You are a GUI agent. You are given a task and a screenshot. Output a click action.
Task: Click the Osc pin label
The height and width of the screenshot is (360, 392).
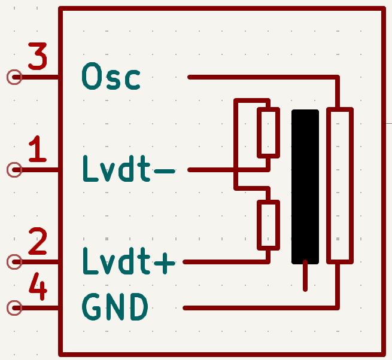point(111,77)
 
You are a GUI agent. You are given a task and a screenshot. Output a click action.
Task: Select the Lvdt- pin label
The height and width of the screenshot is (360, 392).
point(128,170)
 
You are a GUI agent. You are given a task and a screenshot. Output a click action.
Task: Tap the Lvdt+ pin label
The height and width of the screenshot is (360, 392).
point(128,261)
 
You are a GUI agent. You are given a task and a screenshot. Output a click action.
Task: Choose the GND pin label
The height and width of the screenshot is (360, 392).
point(114,308)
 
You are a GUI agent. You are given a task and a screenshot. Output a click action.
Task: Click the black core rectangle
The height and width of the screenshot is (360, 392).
point(305,187)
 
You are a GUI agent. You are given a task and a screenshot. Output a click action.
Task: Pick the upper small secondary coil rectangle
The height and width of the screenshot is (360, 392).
point(268,133)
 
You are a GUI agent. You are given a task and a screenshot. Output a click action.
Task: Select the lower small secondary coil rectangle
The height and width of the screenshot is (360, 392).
point(268,225)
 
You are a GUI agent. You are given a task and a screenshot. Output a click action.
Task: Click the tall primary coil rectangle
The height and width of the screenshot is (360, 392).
point(339,185)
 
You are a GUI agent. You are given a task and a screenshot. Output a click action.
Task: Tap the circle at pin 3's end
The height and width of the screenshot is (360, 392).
point(14,77)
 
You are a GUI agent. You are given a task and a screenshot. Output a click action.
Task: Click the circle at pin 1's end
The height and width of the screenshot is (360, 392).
point(14,170)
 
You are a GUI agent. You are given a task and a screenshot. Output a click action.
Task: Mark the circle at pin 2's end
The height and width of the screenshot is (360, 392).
point(14,262)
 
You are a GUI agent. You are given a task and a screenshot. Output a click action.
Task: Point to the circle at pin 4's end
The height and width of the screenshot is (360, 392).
point(14,308)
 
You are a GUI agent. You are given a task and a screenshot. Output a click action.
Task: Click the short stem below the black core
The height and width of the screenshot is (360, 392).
point(305,277)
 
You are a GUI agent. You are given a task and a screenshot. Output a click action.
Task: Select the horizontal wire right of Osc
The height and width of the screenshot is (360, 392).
point(263,77)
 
